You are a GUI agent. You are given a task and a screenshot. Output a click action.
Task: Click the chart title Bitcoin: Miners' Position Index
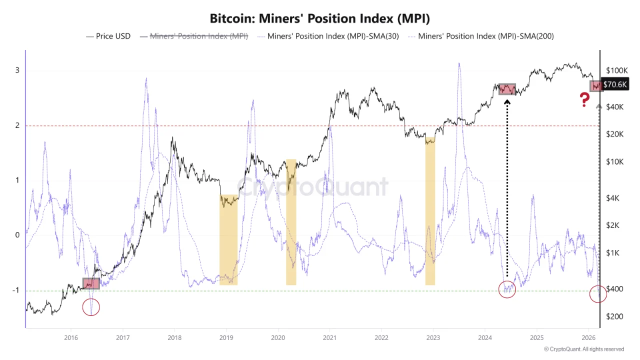coord(320,18)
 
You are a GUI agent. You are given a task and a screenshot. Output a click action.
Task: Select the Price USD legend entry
coord(108,36)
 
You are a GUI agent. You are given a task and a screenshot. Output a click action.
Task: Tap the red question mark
coord(584,100)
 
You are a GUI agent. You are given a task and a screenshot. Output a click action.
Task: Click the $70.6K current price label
coord(614,84)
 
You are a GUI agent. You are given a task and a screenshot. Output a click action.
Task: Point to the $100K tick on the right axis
coord(616,70)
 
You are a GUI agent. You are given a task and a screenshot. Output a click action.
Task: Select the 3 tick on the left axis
coord(17,70)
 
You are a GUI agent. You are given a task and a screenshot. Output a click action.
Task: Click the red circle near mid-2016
coord(91,307)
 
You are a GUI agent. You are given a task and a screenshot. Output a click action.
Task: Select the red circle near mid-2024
coord(507,289)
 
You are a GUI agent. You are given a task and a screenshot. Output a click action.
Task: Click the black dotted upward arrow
coord(507,190)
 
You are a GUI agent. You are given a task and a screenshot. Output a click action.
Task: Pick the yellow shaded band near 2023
coord(430,210)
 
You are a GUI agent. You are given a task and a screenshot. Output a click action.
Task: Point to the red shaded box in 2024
coord(507,89)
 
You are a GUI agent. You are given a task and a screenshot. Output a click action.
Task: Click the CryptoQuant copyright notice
coord(583,349)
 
